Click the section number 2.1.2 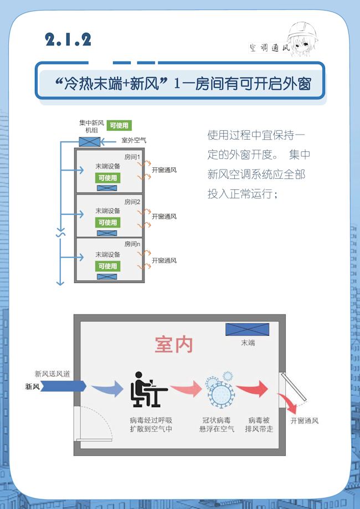69,39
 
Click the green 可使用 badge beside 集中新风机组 119,126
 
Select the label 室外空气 133,141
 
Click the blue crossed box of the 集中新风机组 89,141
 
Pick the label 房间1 132,157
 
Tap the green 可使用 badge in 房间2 108,222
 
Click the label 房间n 132,244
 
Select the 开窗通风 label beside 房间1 164,171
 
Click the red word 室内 174,345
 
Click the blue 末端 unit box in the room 248,329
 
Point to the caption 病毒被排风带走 259,424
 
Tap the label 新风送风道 53,374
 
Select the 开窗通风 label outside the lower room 305,421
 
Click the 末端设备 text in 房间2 107,210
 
